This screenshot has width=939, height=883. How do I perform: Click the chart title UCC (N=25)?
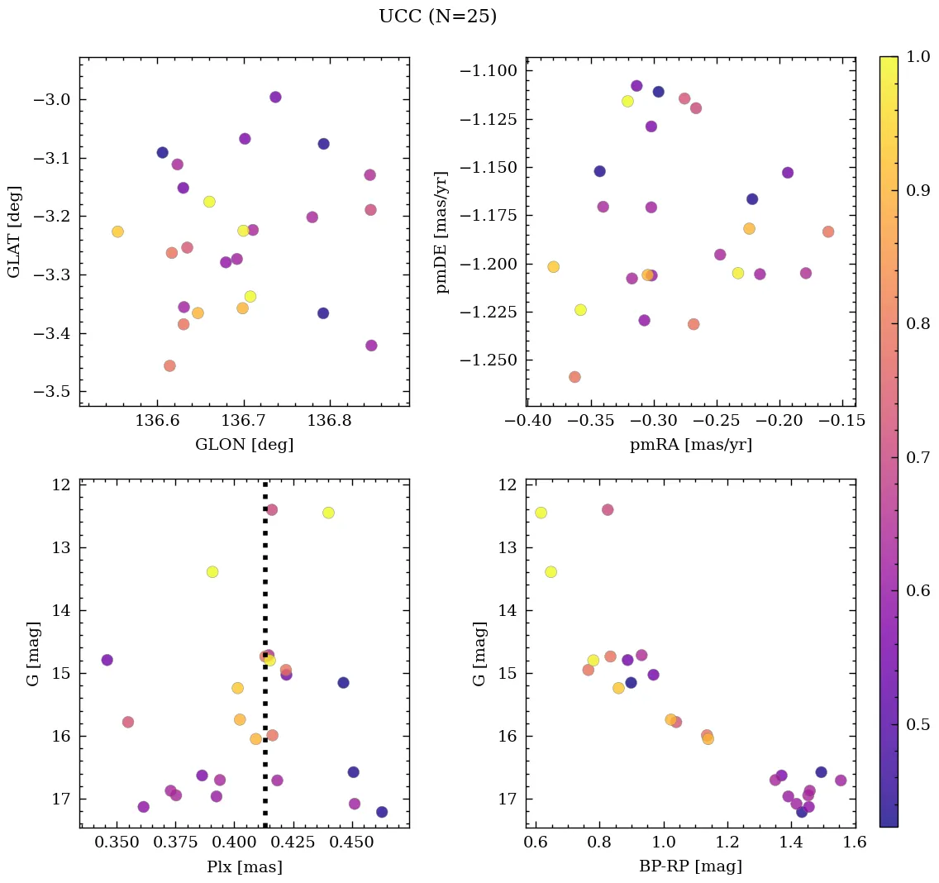437,17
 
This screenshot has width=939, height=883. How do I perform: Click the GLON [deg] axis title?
244,445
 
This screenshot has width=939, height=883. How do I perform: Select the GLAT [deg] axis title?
14,231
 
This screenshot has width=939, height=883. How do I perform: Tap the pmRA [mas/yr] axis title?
690,445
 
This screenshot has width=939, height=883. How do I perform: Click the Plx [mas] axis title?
244,866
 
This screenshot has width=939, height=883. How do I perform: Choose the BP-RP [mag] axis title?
690,866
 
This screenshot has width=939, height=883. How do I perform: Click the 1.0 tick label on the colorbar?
918,56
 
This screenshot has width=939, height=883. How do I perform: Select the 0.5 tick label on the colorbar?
918,724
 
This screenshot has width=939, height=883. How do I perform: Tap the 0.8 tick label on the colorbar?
918,323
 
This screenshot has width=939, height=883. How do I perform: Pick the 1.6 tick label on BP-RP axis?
854,844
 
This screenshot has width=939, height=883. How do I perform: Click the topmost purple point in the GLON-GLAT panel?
275,97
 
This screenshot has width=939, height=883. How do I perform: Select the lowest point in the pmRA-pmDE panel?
574,377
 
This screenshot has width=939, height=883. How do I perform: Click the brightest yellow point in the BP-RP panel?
541,513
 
